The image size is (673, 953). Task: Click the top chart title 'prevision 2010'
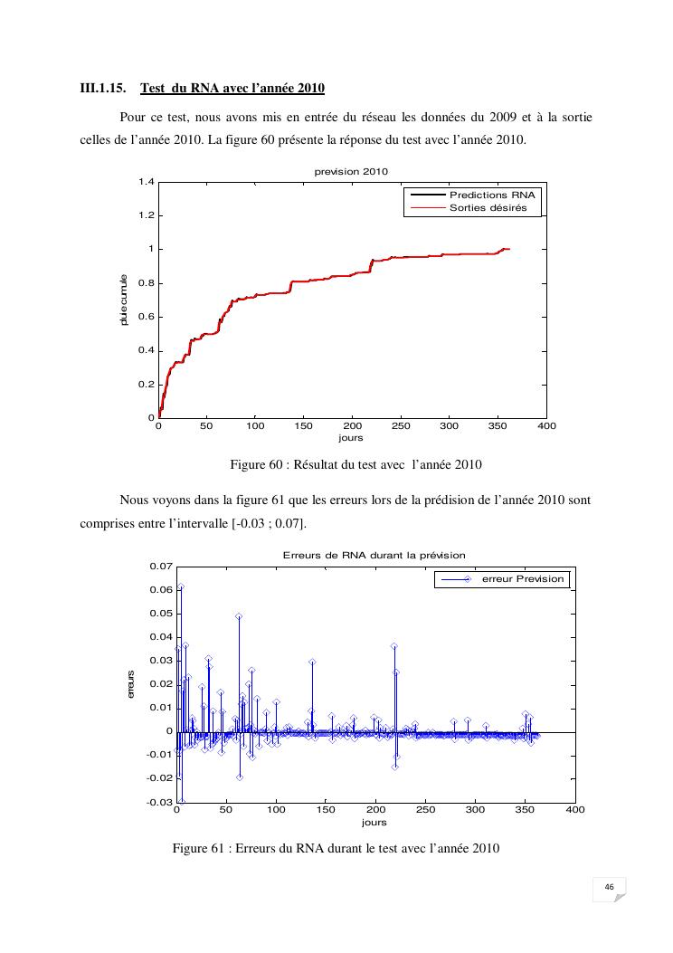pos(350,172)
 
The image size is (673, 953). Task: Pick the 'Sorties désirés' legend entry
pos(488,207)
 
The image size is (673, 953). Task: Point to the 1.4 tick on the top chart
pos(146,182)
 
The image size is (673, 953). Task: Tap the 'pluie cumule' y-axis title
pos(124,300)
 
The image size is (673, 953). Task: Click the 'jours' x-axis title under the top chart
pos(350,438)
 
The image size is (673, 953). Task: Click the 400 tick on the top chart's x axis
pos(546,425)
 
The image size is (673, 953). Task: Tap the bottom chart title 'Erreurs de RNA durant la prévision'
pos(374,554)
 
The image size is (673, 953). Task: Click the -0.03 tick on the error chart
pos(159,802)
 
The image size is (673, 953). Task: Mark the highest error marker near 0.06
pos(180,587)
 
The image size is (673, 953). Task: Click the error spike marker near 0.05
pos(239,616)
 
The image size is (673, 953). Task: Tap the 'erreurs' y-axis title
pos(131,684)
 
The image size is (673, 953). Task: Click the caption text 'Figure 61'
pos(199,849)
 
